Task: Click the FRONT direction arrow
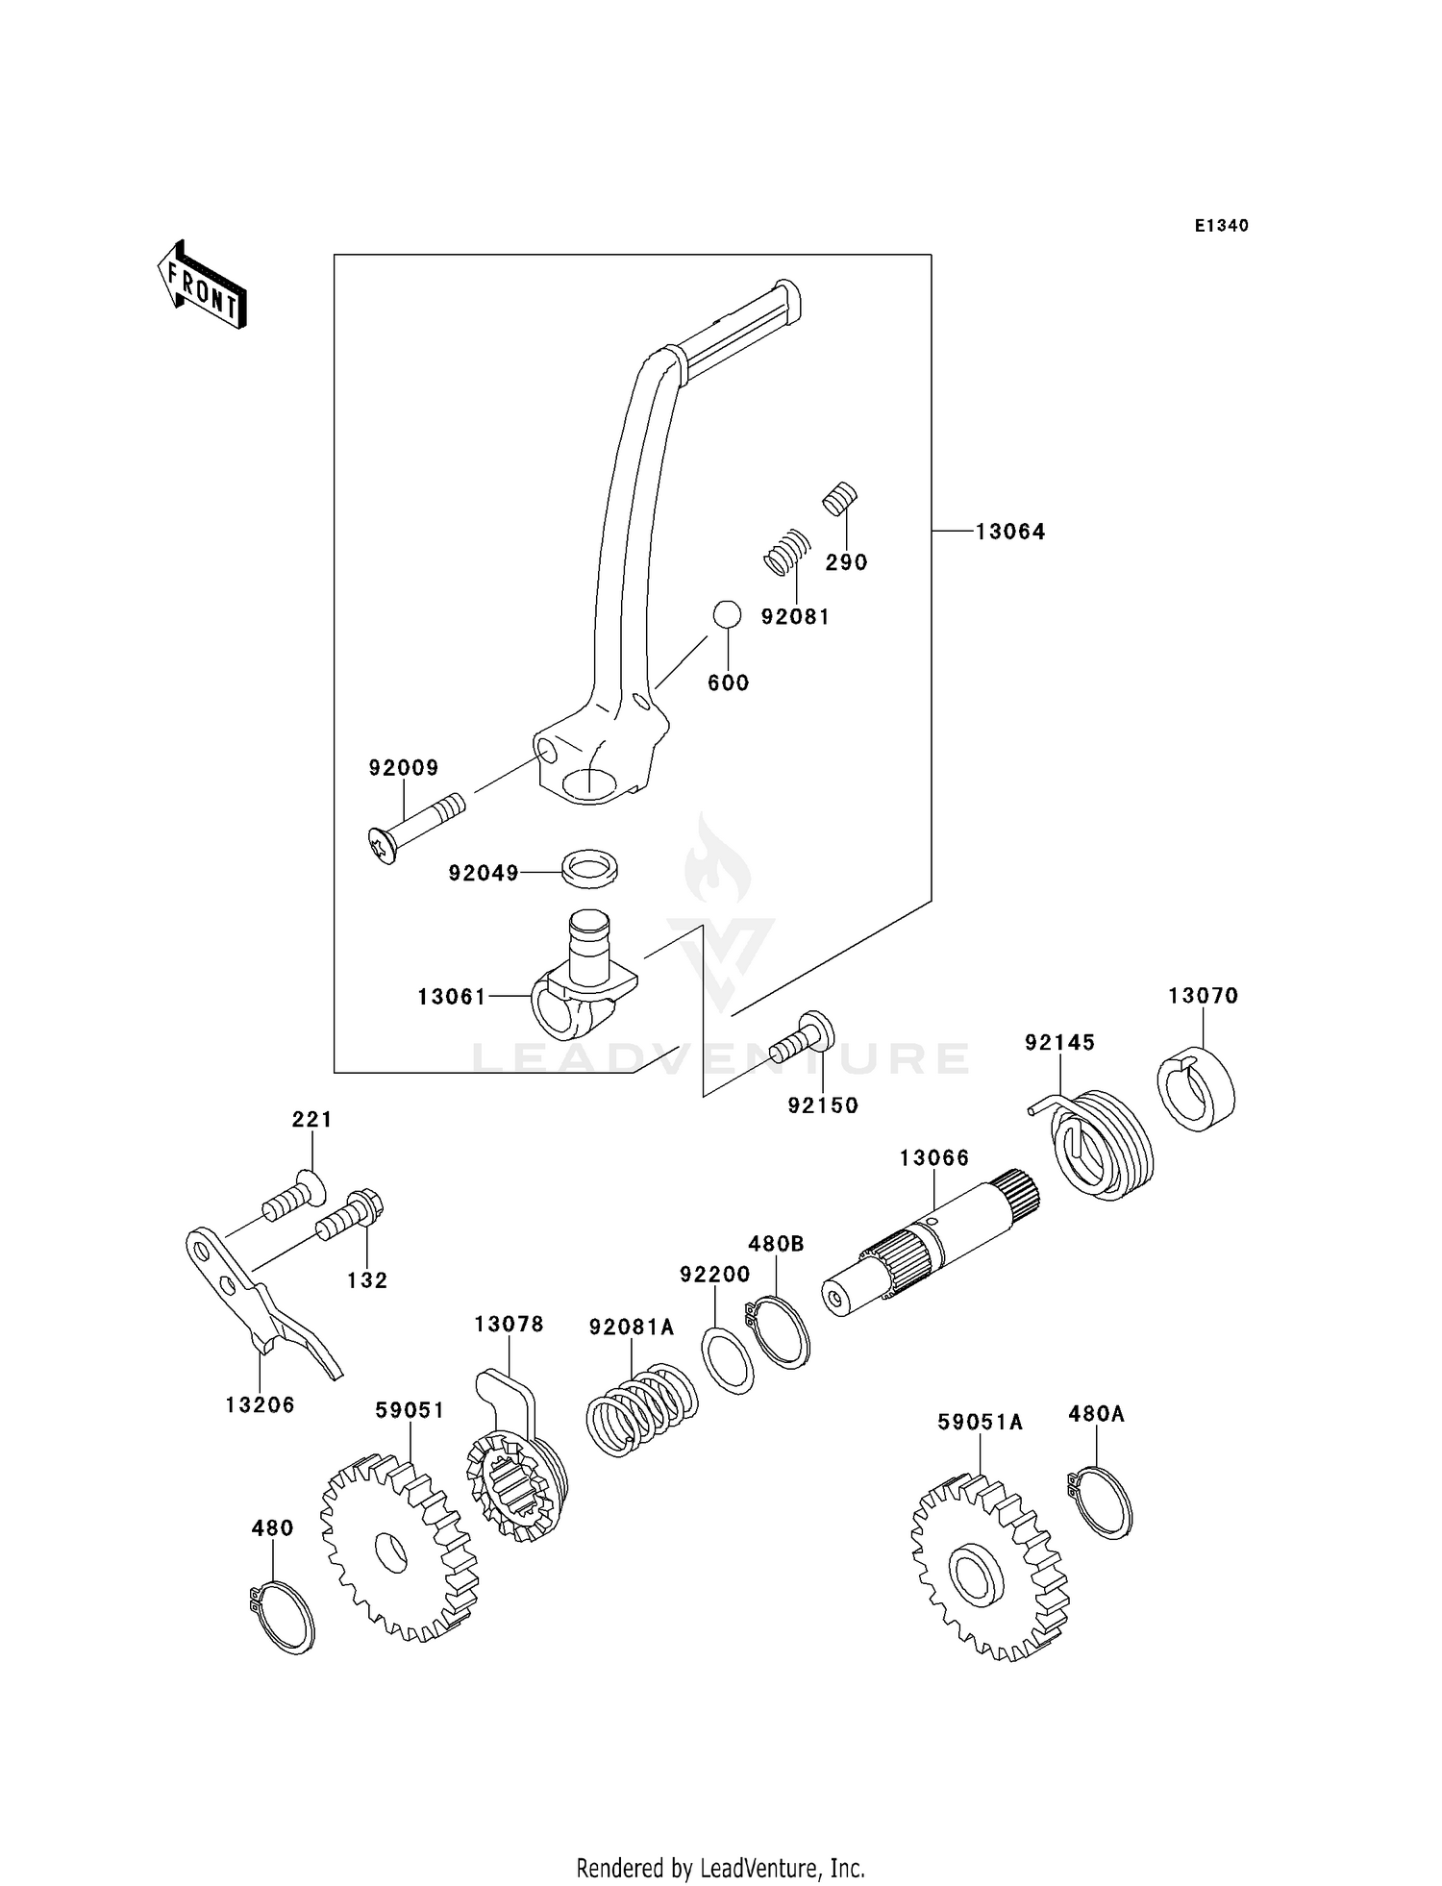click(x=202, y=286)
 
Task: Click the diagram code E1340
click(x=1221, y=226)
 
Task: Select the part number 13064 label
click(x=1009, y=532)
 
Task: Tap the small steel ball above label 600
click(x=727, y=614)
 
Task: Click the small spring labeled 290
click(x=840, y=499)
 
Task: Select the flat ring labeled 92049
click(x=589, y=865)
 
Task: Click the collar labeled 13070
click(x=1195, y=1089)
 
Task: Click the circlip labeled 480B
click(x=780, y=1331)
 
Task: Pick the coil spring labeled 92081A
click(x=641, y=1409)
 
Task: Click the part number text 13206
click(x=260, y=1404)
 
